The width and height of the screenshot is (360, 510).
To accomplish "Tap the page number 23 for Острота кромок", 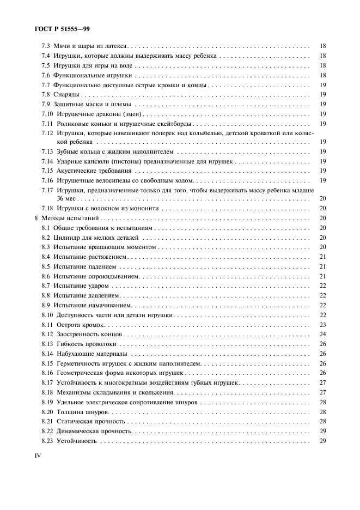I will [x=322, y=325].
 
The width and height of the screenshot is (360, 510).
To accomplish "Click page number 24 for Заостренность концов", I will [x=322, y=334].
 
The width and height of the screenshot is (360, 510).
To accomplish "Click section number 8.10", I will [x=48, y=315].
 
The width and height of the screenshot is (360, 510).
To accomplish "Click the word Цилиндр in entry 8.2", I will [x=66, y=238].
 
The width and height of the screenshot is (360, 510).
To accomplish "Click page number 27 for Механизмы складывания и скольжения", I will [x=322, y=392].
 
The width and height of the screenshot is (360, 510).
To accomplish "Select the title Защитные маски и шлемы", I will [x=92, y=104].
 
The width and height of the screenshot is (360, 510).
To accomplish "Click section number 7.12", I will [x=48, y=133].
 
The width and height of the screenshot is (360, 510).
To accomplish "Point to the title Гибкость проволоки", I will [x=86, y=344].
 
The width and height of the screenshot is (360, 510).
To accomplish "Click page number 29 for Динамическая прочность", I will [x=322, y=431].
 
